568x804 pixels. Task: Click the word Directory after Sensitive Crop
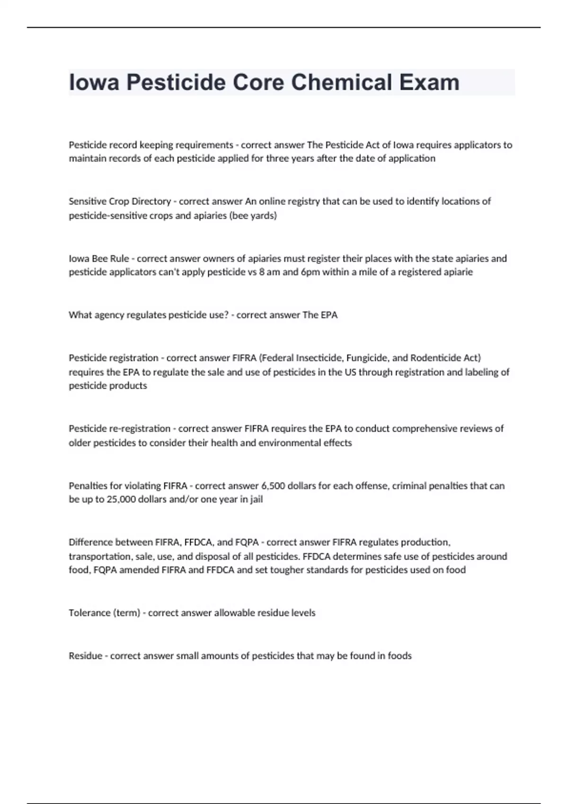(x=151, y=201)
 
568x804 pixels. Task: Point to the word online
(x=275, y=201)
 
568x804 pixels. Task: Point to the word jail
(x=255, y=499)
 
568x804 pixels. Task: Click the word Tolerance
(x=89, y=613)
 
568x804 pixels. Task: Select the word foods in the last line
(x=399, y=656)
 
